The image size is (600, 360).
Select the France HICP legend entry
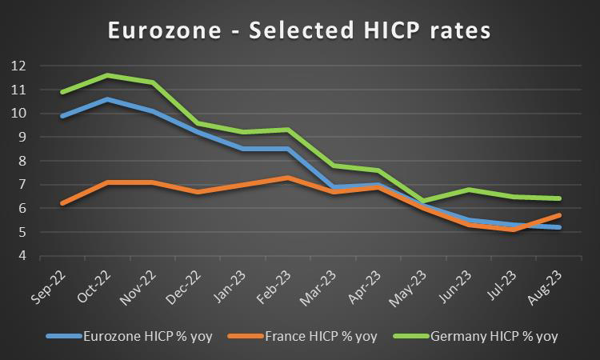click(320, 335)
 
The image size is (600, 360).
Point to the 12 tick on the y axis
click(18, 66)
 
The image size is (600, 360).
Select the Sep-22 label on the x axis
click(50, 284)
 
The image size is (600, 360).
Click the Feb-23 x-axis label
click(275, 284)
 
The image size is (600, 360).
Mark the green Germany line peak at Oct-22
click(107, 75)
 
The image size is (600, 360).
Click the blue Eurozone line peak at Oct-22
click(107, 99)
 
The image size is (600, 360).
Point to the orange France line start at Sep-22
click(62, 204)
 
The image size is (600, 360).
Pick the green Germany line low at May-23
click(423, 201)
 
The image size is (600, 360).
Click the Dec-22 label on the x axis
click(185, 284)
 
